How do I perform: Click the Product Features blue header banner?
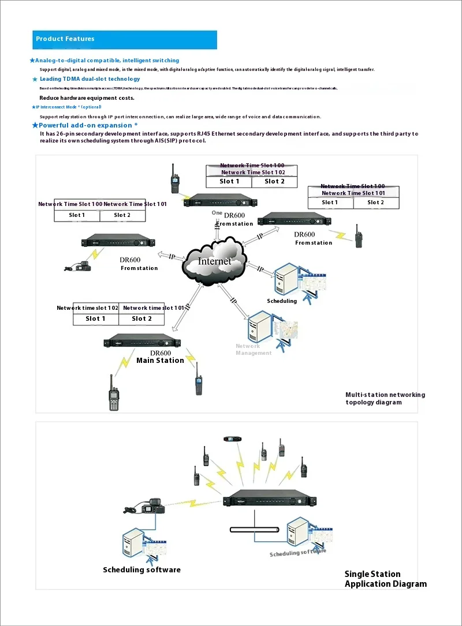click(125, 39)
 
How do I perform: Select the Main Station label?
click(160, 361)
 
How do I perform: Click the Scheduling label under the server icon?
click(282, 301)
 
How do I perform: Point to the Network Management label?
click(253, 350)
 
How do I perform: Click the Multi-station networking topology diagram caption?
click(385, 399)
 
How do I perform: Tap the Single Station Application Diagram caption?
click(385, 579)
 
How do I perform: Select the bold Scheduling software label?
click(141, 570)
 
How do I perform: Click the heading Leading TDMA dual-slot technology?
click(90, 79)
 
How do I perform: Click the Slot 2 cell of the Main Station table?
click(142, 318)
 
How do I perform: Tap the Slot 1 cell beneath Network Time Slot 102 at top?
click(229, 182)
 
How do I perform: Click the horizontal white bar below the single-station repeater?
click(255, 529)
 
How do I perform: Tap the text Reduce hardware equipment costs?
click(87, 98)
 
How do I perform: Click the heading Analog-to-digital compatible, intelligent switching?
click(107, 61)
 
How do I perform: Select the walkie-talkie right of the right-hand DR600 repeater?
click(359, 237)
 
